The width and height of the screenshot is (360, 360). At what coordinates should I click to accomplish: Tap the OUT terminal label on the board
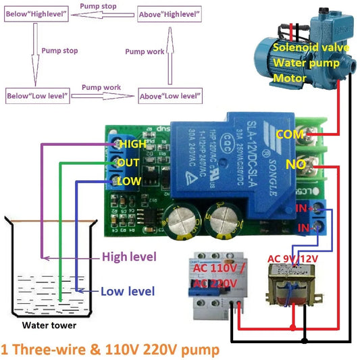[x=129, y=163]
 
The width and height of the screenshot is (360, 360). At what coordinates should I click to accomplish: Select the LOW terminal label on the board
[x=129, y=182]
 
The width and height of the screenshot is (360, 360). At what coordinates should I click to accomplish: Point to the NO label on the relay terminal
[x=294, y=165]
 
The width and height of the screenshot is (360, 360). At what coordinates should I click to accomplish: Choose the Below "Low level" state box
[x=38, y=96]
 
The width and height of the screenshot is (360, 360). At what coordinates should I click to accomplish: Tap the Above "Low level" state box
[x=170, y=96]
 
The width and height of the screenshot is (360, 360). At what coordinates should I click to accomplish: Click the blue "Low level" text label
[x=128, y=292]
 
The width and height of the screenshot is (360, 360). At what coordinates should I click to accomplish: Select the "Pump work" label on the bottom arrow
[x=101, y=88]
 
